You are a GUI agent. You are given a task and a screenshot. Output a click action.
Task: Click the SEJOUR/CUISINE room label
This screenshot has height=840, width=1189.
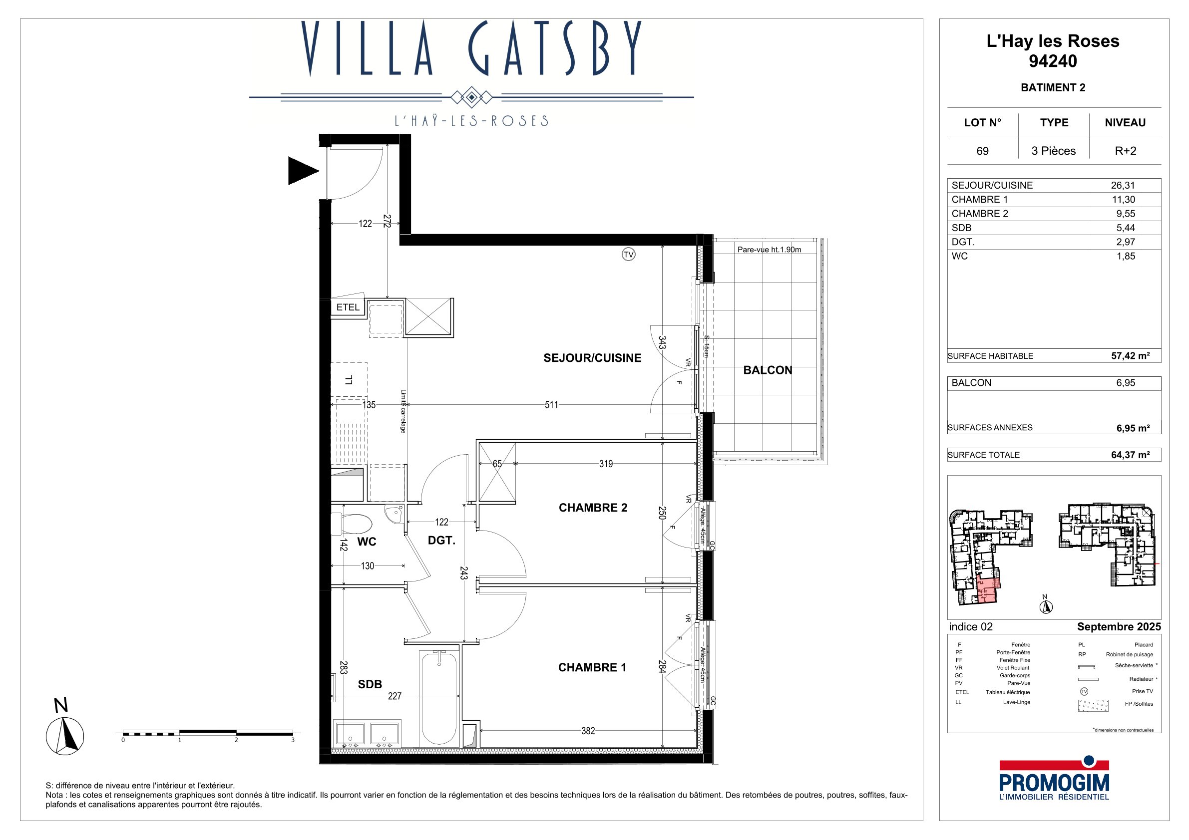[x=592, y=358]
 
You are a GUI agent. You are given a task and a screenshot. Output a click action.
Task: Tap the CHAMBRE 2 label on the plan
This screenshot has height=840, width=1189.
[x=593, y=508]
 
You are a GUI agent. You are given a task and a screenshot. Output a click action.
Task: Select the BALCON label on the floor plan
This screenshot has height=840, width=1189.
[x=768, y=370]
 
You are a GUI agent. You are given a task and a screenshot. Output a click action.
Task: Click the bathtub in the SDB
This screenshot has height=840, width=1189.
[x=439, y=698]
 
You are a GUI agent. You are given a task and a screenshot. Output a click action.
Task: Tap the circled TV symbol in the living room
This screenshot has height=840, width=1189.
[x=628, y=255]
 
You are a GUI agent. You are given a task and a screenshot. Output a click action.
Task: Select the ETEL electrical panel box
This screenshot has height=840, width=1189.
[x=348, y=307]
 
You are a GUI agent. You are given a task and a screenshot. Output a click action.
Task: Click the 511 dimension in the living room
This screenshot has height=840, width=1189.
[x=551, y=405]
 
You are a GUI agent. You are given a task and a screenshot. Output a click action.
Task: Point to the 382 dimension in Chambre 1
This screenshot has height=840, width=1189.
[x=588, y=731]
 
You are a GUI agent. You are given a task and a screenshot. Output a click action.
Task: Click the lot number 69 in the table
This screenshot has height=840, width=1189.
[x=982, y=151]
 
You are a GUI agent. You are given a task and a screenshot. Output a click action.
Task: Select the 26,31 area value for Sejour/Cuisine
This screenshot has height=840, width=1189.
[x=1123, y=185]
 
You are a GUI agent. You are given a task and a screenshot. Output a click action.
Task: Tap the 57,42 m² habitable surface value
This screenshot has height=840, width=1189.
[x=1131, y=355]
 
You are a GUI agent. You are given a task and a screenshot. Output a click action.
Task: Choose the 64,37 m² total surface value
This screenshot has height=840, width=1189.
[x=1131, y=455]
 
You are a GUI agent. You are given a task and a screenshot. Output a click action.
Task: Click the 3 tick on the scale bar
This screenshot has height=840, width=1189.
[x=293, y=740]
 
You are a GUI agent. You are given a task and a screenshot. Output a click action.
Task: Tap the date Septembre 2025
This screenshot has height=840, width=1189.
[x=1119, y=627]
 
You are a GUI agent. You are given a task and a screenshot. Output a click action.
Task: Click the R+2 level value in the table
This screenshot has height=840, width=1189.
[x=1125, y=151]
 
